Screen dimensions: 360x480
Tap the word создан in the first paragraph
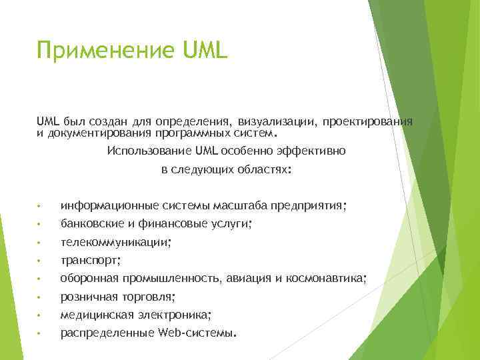click(103, 122)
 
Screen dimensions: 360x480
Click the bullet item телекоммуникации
click(115, 243)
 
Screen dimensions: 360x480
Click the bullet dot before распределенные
click(40, 333)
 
